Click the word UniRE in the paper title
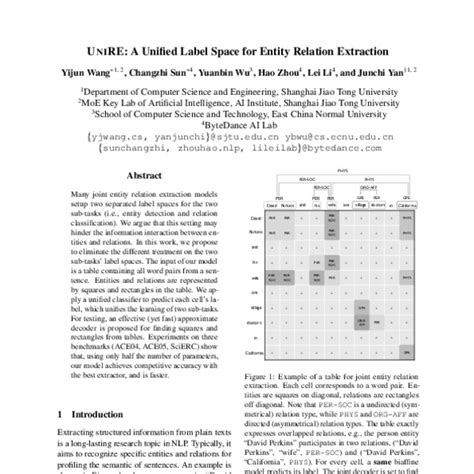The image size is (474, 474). pos(108,49)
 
